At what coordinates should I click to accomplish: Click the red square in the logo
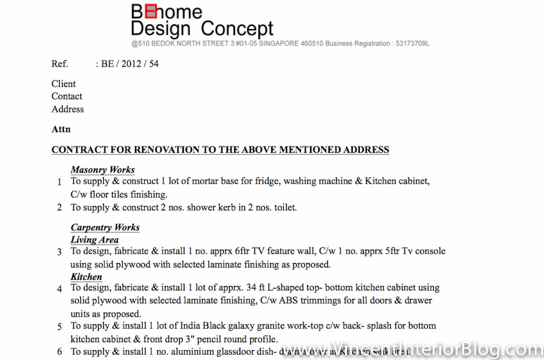[151, 12]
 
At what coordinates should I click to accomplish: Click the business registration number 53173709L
[411, 43]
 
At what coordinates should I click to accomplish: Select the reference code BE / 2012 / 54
[130, 64]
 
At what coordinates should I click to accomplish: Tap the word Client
[63, 84]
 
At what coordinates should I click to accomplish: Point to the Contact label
[67, 96]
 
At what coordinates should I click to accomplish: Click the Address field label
[67, 109]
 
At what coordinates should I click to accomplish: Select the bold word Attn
[61, 129]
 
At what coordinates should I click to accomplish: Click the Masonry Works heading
[103, 170]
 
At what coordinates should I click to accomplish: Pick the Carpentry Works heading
[105, 228]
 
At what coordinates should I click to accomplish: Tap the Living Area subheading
[94, 240]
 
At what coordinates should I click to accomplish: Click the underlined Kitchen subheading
[86, 277]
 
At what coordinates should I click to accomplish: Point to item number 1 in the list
[59, 182]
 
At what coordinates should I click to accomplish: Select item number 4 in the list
[59, 289]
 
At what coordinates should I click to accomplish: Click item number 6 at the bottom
[59, 352]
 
